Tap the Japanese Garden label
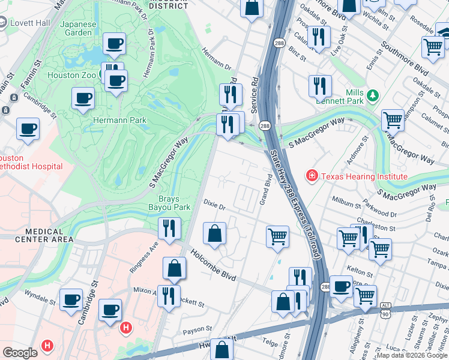point(78,29)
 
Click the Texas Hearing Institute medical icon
point(312,176)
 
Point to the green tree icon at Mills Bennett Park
point(373,95)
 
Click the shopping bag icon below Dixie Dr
point(214,234)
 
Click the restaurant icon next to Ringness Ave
point(169,229)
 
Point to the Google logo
point(20,352)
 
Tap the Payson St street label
point(197,329)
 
